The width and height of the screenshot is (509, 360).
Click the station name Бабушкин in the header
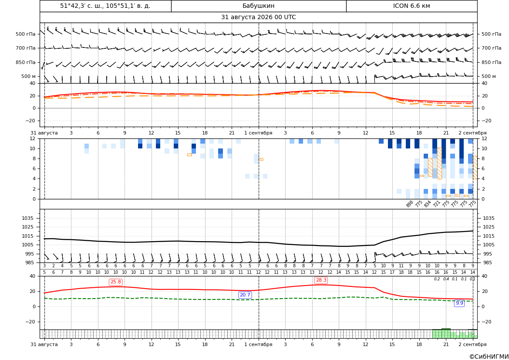pos(258,6)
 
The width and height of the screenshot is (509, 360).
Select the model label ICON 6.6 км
pos(411,6)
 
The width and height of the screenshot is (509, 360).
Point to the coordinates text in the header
pos(105,6)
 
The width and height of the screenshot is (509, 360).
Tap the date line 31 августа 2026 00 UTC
pos(258,17)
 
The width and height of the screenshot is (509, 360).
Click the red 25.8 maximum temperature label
pos(116,282)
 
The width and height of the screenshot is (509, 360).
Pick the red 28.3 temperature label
pos(321,280)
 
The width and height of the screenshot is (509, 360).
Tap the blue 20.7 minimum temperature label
pos(245,295)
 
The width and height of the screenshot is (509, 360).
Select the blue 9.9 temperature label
pos(459,303)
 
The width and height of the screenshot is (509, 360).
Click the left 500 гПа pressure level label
pos(26,34)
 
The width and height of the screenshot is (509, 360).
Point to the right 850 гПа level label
pos(492,62)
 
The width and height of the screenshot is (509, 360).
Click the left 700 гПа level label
pos(26,48)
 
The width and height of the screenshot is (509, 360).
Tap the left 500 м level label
pos(29,76)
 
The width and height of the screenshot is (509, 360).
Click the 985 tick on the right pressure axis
pos(487,262)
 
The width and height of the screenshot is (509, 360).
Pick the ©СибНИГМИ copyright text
pos(489,357)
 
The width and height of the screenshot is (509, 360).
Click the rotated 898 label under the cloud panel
pos(409,204)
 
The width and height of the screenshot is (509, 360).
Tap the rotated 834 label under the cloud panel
pos(427,204)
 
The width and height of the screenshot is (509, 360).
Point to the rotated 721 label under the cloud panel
pos(436,204)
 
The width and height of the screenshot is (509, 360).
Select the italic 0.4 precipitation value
pos(446,279)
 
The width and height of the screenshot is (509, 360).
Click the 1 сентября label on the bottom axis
pos(258,344)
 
